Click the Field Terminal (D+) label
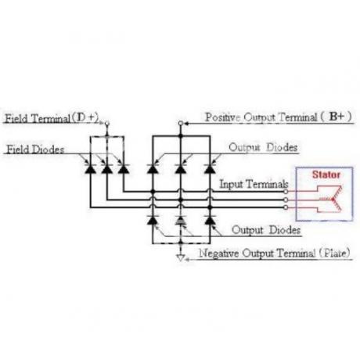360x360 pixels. (x=52, y=118)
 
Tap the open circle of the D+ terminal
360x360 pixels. (x=107, y=124)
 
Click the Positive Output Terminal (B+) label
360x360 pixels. (x=278, y=117)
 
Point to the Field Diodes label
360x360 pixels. (x=35, y=149)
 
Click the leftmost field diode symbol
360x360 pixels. (x=90, y=169)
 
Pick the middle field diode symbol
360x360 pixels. (x=107, y=169)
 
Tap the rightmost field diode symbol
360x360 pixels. (x=124, y=169)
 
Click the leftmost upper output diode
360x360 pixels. (x=153, y=169)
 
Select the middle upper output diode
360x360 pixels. (x=180, y=169)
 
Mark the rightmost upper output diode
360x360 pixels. (x=210, y=169)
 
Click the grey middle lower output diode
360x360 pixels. (x=180, y=221)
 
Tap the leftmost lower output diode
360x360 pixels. (x=153, y=221)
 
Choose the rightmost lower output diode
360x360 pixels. (x=210, y=221)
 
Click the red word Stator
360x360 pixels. (x=326, y=175)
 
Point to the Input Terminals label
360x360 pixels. (x=254, y=184)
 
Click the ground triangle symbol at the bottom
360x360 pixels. (x=181, y=258)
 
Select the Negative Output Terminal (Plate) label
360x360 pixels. (x=275, y=253)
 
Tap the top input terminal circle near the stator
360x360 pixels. (x=286, y=192)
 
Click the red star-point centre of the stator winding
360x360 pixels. (x=333, y=200)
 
